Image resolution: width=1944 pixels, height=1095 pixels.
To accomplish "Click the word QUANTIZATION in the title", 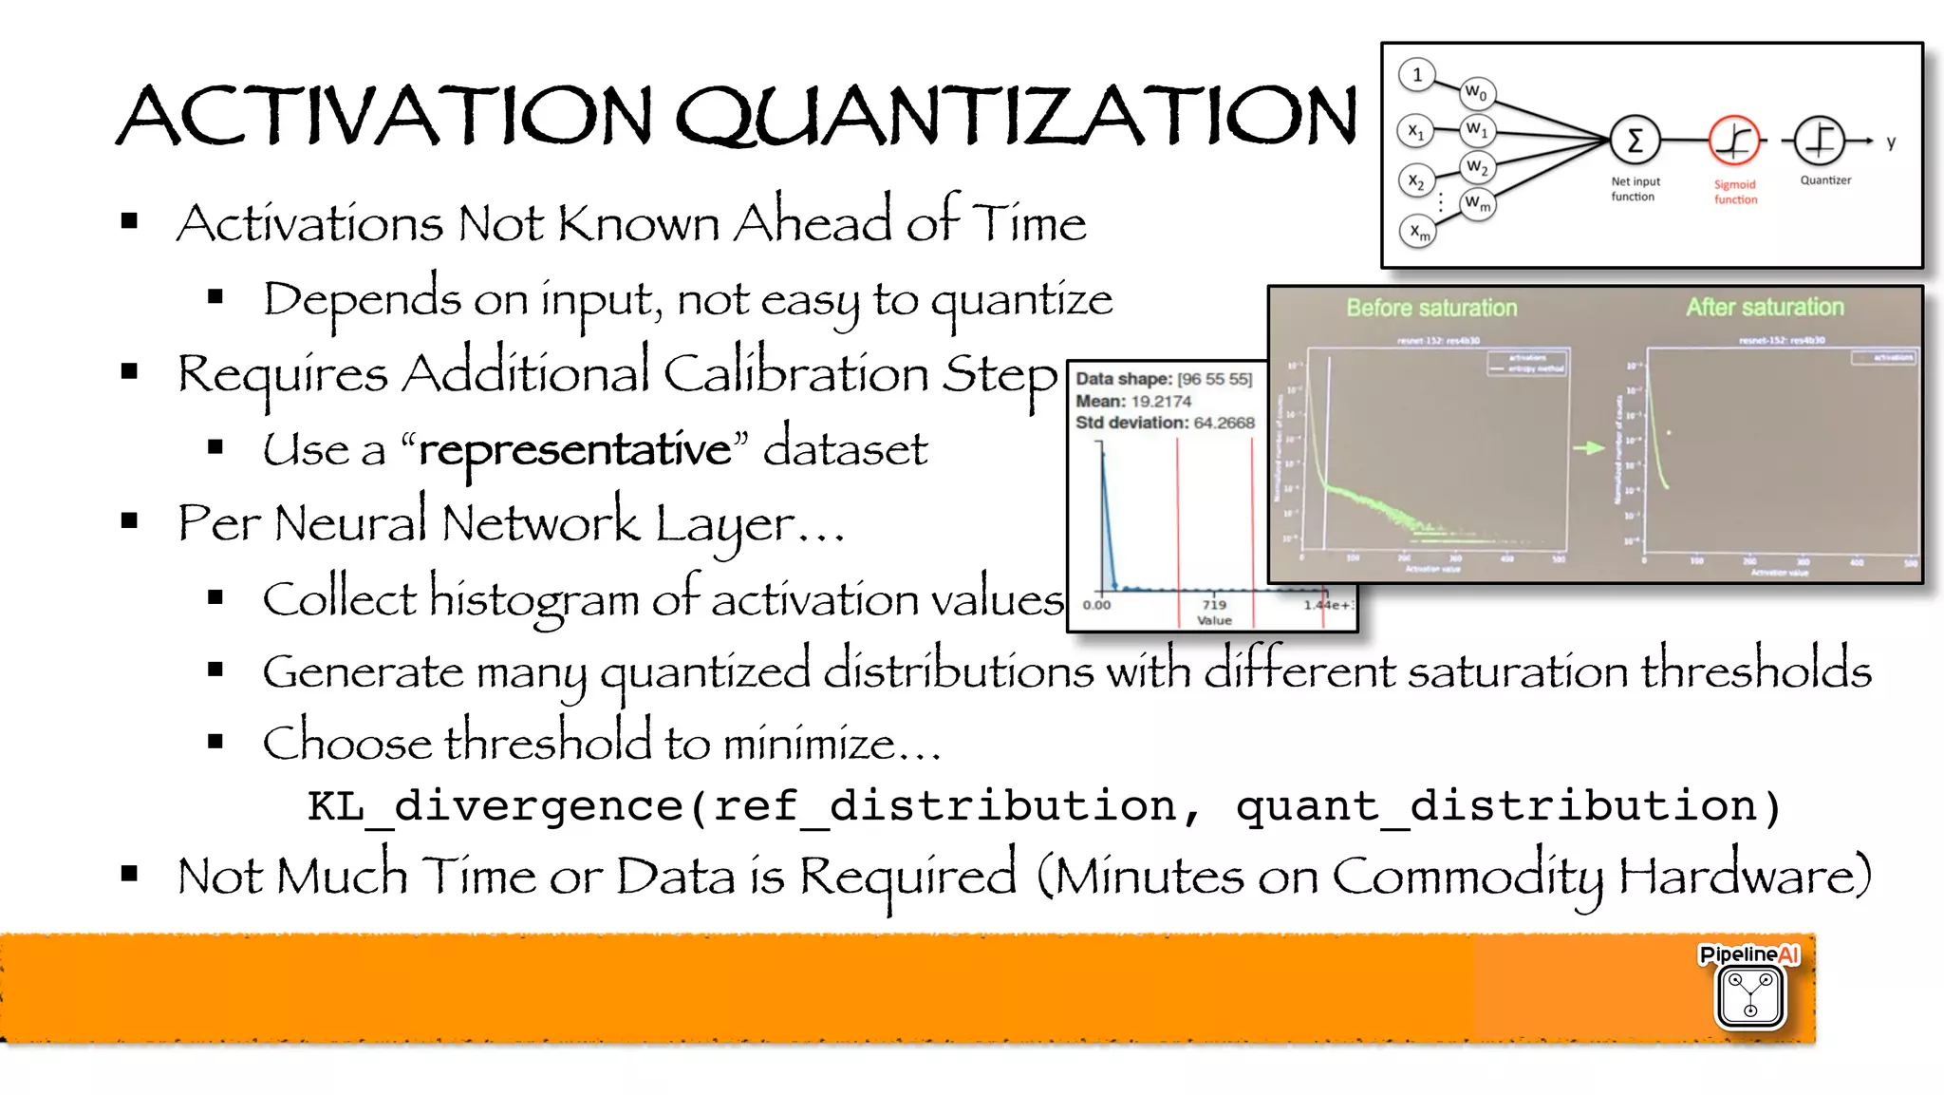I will (x=1016, y=116).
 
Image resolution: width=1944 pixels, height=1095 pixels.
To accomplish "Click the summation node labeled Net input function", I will (x=1635, y=142).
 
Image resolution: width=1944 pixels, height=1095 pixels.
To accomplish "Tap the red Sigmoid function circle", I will (x=1734, y=142).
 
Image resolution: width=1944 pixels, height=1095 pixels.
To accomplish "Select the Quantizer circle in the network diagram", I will (x=1819, y=142).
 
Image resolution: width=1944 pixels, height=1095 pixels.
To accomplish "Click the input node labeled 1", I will (x=1417, y=75).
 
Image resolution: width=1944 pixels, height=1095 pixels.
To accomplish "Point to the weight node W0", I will (x=1476, y=92).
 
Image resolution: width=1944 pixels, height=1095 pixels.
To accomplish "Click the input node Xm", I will (x=1418, y=231).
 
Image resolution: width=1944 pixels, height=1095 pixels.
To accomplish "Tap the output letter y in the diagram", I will (x=1891, y=142).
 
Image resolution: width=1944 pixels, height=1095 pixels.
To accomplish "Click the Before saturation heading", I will (x=1431, y=308).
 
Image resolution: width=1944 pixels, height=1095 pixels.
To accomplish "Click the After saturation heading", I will (x=1765, y=307).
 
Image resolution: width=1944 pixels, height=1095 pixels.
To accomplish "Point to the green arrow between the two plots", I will (x=1589, y=447).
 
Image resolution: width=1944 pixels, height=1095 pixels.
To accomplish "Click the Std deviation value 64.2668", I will (x=1224, y=423).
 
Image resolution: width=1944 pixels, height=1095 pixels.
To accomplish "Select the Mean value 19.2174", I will (x=1161, y=401).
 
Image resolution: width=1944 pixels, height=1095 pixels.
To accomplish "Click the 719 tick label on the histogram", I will (x=1214, y=604).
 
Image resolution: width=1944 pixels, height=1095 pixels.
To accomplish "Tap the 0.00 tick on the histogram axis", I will (x=1096, y=604).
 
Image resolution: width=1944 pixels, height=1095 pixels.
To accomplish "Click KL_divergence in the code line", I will (x=495, y=806).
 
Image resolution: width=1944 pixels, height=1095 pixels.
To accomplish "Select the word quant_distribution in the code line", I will (x=1496, y=806).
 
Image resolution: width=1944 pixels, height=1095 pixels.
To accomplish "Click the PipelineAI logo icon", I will (x=1749, y=994).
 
